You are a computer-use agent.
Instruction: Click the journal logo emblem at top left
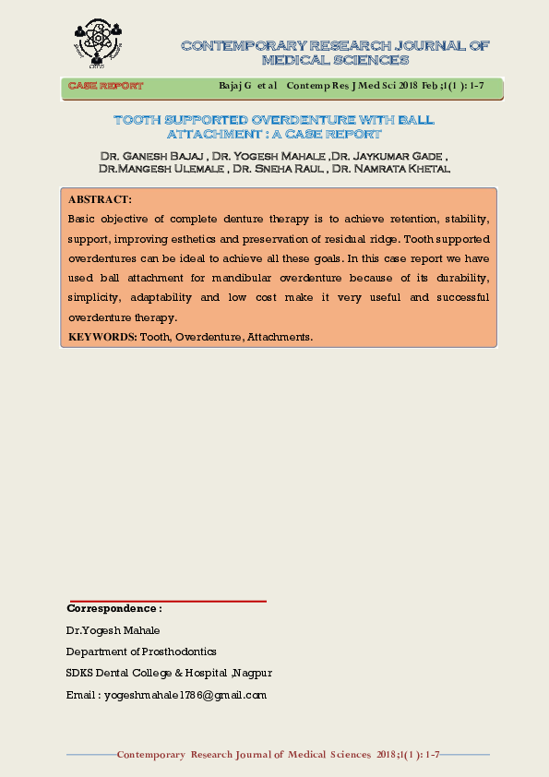click(x=97, y=43)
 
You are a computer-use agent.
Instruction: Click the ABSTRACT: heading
click(x=100, y=199)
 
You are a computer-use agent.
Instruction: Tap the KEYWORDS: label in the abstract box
click(x=102, y=337)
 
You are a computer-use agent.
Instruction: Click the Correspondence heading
click(x=114, y=609)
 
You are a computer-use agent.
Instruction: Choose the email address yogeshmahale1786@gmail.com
click(x=185, y=695)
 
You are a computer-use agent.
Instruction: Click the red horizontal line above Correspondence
click(x=167, y=601)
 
